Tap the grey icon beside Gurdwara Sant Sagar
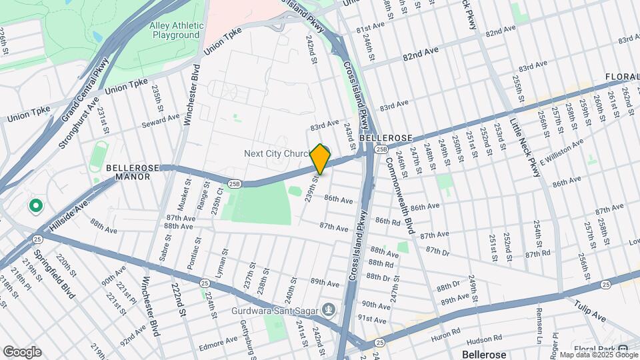pyautogui.click(x=328, y=309)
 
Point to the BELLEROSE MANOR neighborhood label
pyautogui.click(x=133, y=173)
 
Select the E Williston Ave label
pyautogui.click(x=561, y=153)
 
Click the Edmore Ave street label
pyautogui.click(x=217, y=342)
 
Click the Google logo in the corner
pyautogui.click(x=22, y=351)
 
